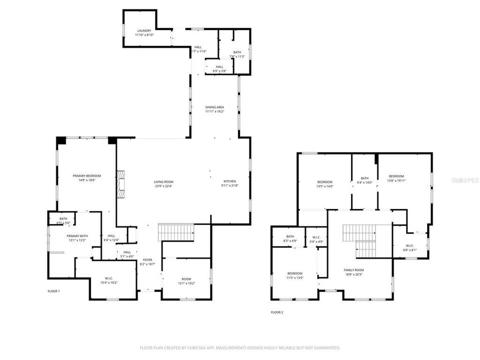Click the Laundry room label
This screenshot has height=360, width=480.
144,31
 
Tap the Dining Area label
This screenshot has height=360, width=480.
214,107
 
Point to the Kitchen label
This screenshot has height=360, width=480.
230,181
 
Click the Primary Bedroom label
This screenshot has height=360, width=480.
87,175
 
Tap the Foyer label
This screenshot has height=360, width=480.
147,260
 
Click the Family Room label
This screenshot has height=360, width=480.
353,270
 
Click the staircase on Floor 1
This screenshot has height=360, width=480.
176,232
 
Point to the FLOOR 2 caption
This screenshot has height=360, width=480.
277,312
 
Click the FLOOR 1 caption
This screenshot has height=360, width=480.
53,290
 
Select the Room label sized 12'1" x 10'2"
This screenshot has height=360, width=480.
186,279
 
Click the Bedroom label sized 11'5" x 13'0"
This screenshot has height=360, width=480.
294,273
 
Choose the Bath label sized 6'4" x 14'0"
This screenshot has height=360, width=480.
364,178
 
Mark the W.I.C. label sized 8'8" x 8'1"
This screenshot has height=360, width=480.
410,245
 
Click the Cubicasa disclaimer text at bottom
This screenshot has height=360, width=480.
239,347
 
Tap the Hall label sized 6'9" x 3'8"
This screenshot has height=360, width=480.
220,66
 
